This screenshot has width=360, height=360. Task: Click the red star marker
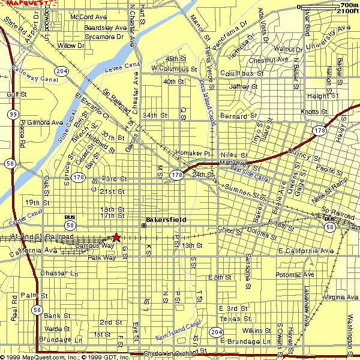116,238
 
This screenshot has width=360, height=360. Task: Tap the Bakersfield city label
166,220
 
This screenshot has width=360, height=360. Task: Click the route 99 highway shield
12,113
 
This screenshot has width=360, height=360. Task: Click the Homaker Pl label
192,153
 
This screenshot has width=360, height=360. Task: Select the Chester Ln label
60,274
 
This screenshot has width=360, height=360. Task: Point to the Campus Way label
95,245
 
